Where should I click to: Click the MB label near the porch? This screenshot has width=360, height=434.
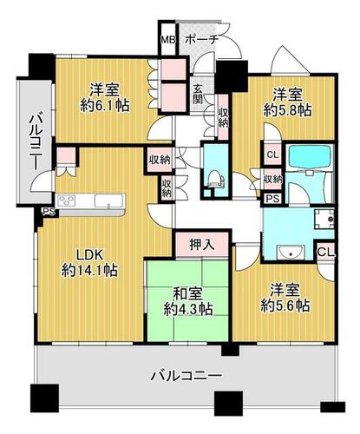(x=168, y=40)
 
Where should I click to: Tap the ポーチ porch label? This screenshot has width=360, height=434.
(x=200, y=40)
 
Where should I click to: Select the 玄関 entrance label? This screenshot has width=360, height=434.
(x=198, y=94)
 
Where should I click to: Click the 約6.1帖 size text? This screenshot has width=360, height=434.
(x=104, y=106)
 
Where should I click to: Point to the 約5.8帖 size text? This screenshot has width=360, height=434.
(x=287, y=110)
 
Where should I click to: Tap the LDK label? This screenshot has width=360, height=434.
(x=89, y=255)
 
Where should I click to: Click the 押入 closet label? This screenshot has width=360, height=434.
(x=202, y=245)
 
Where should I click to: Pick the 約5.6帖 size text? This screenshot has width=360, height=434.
(x=285, y=306)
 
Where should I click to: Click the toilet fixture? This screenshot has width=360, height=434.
(x=215, y=178)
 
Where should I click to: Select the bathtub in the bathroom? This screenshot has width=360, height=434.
(x=310, y=156)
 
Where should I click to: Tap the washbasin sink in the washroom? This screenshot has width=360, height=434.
(x=291, y=252)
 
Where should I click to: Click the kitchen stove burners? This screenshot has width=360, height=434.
(x=67, y=201)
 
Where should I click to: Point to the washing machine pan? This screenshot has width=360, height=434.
(x=324, y=219)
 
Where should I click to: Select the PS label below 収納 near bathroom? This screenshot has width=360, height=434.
(x=272, y=199)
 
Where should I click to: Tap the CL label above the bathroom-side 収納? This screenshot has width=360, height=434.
(x=272, y=155)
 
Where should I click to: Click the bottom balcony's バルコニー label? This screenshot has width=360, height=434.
(x=187, y=376)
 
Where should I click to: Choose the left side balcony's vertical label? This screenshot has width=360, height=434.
(x=36, y=142)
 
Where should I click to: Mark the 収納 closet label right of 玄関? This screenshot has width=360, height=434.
(x=224, y=118)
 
